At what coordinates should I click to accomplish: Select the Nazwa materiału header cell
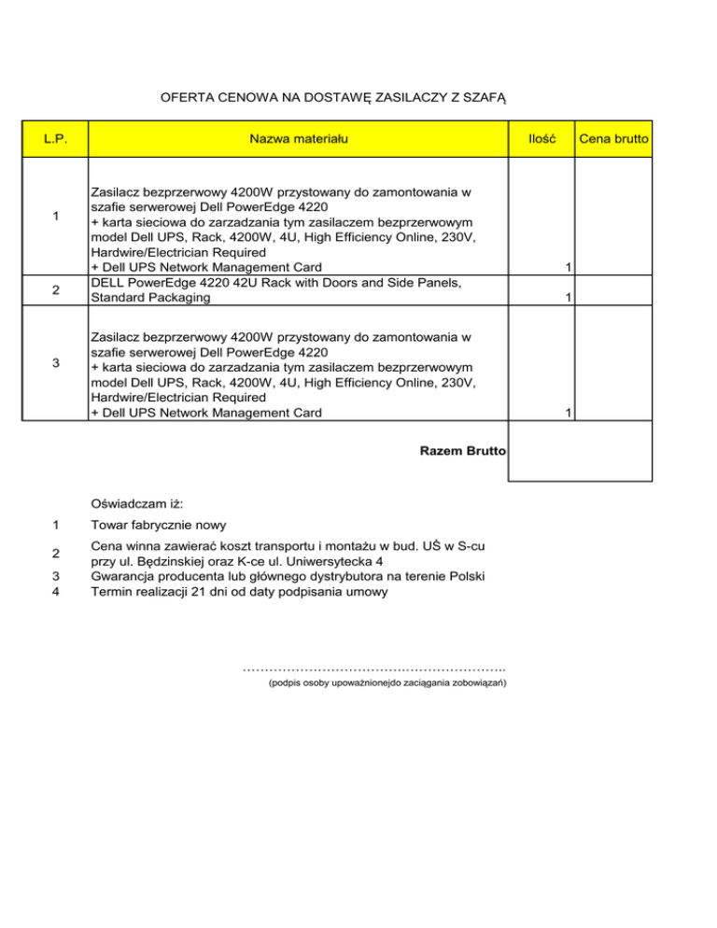[x=299, y=139]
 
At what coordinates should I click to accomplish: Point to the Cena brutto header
[x=614, y=139]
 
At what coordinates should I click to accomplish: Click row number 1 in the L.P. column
[x=56, y=217]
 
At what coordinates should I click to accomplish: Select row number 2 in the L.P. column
[x=56, y=290]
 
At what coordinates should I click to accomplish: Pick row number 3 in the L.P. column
[x=56, y=363]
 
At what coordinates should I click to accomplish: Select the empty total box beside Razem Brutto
[x=579, y=452]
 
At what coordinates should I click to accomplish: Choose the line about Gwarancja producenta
[x=288, y=576]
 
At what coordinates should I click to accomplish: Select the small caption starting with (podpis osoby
[x=387, y=684]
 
